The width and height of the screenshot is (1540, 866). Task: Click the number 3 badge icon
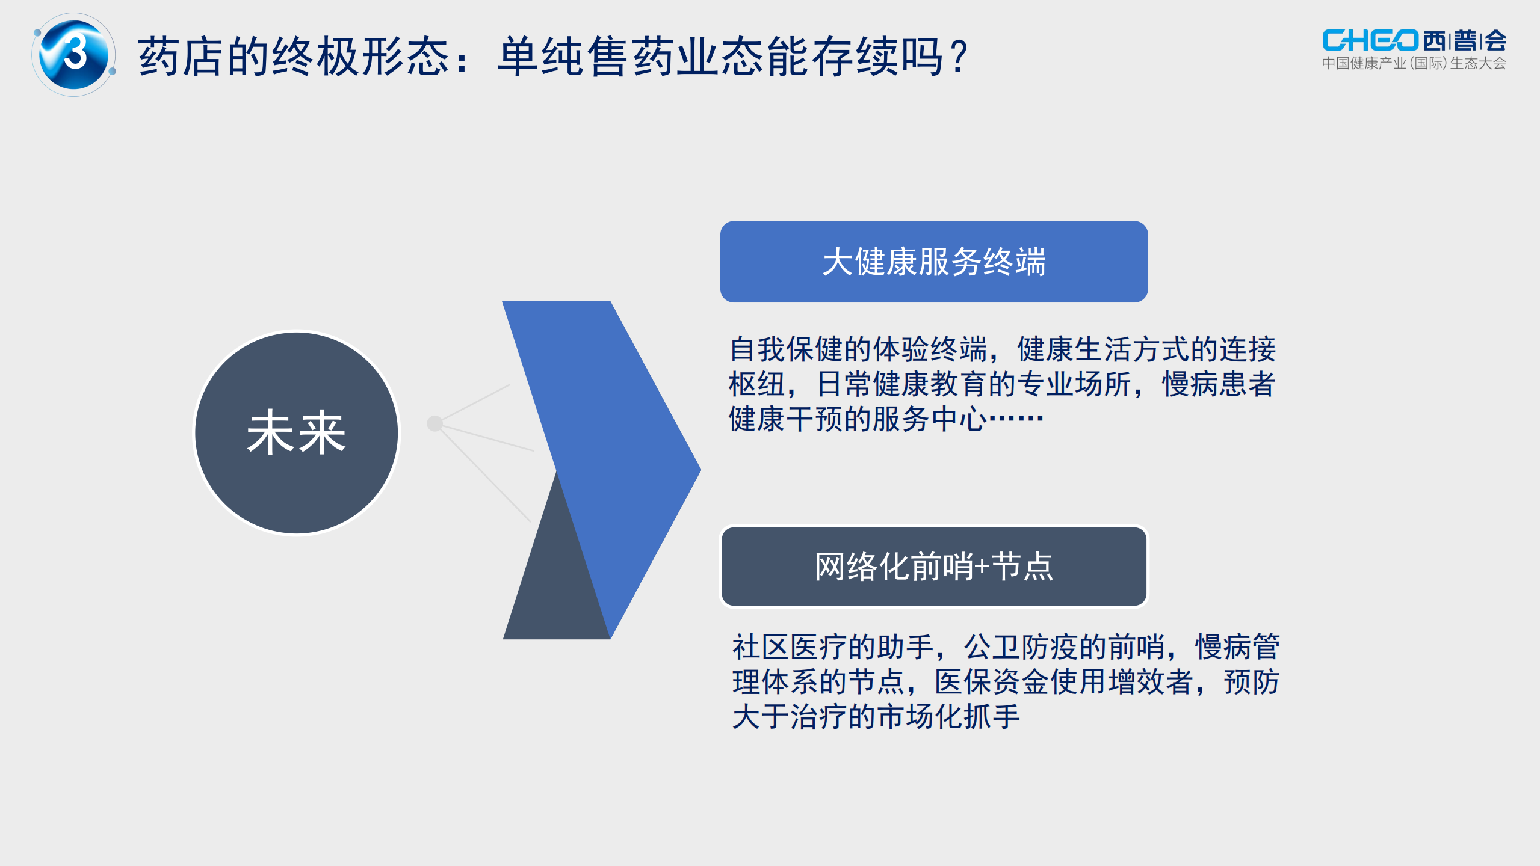point(74,54)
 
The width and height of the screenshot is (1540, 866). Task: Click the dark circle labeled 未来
point(296,432)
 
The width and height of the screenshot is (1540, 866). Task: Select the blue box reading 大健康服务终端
point(933,262)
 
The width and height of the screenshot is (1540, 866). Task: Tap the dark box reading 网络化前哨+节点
point(933,567)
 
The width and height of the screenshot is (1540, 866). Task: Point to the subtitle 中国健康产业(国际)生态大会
point(1414,63)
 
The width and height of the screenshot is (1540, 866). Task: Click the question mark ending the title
point(958,57)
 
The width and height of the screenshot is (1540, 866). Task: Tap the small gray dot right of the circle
point(434,423)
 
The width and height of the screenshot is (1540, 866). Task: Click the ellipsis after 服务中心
point(1016,418)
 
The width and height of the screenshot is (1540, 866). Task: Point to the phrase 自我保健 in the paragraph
point(786,349)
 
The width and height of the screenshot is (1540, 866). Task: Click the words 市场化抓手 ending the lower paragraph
point(948,716)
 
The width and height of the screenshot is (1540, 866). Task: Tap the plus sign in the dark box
point(982,567)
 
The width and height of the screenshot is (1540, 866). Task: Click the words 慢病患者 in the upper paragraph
point(1219,384)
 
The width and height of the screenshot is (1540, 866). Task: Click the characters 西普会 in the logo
point(1465,40)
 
